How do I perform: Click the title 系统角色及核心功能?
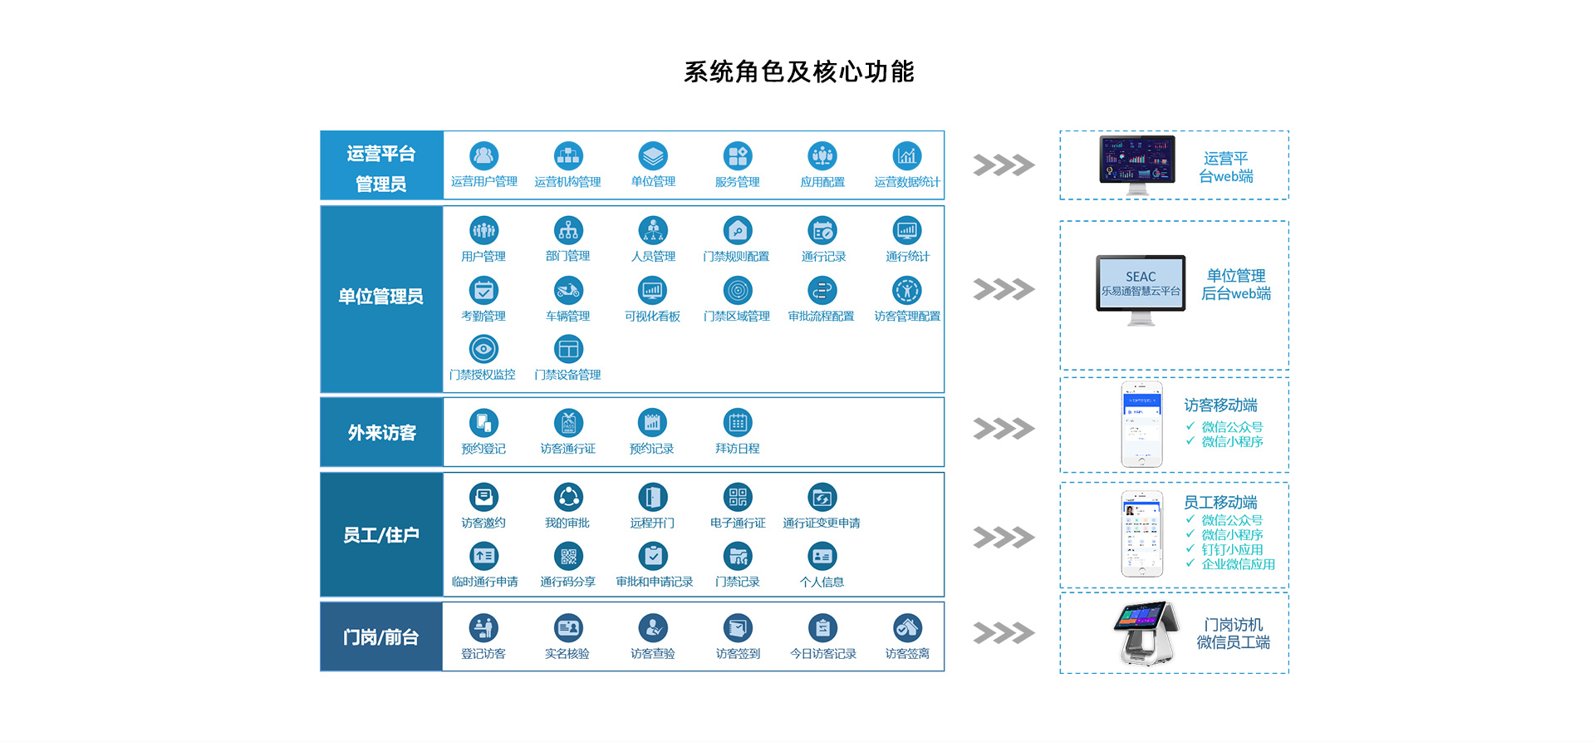click(798, 72)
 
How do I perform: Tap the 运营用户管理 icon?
click(483, 155)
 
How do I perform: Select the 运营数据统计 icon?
click(906, 155)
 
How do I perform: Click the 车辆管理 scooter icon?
click(568, 290)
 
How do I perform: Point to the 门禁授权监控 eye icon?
click(483, 349)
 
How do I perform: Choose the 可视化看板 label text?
click(652, 317)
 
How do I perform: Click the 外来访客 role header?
click(381, 433)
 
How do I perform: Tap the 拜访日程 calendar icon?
click(738, 423)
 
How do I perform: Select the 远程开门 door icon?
click(652, 497)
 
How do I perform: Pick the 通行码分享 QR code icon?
click(568, 556)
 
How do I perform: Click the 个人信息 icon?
click(822, 556)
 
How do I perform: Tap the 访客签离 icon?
click(906, 628)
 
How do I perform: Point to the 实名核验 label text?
click(567, 654)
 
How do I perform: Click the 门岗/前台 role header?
click(381, 637)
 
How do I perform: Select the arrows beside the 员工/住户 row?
click(1004, 538)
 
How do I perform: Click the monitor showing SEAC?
click(1141, 285)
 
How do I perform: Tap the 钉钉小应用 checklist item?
click(1231, 549)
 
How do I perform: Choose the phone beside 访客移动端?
click(1141, 425)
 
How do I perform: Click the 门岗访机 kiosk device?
click(1146, 633)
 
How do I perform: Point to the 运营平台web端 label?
click(1225, 167)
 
